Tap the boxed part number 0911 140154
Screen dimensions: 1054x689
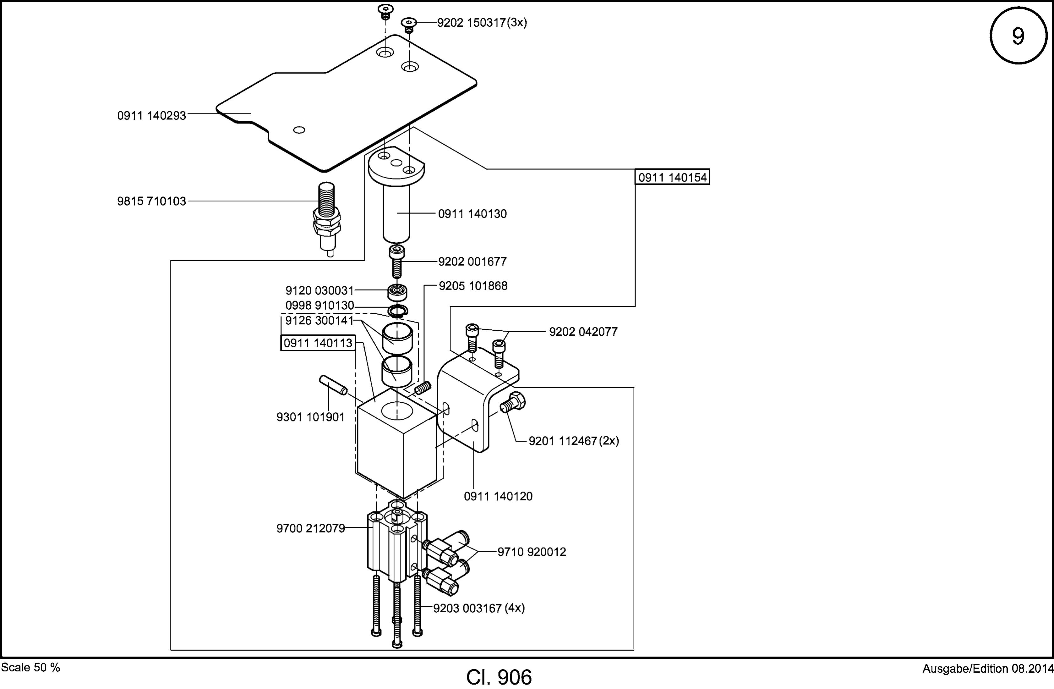[x=673, y=177]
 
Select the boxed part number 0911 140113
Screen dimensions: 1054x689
[x=318, y=343]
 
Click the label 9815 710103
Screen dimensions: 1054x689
[x=151, y=201]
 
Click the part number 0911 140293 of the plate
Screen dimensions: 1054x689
[x=151, y=116]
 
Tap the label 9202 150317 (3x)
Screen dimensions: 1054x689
[x=482, y=23]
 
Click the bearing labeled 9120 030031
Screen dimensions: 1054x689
[x=398, y=292]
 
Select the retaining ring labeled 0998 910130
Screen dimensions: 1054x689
[x=398, y=311]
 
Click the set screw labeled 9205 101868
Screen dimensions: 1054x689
[x=423, y=388]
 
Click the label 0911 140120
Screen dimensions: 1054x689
[x=498, y=496]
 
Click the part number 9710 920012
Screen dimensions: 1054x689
[x=532, y=552]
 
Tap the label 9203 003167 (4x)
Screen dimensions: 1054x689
[x=479, y=608]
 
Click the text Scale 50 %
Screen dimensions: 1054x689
[x=30, y=667]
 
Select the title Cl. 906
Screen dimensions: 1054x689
[x=499, y=677]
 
